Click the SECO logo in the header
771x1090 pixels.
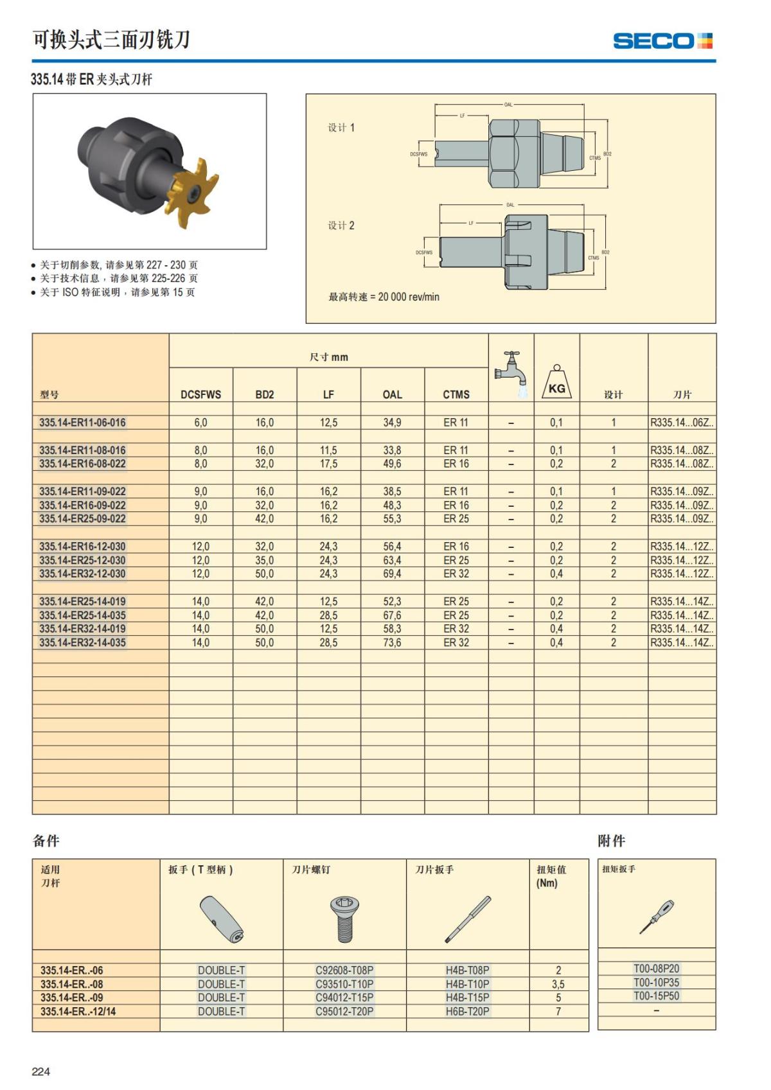tap(662, 41)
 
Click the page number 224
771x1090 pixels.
tap(40, 1071)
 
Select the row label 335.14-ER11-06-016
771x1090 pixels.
tap(82, 423)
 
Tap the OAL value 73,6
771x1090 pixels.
tap(392, 643)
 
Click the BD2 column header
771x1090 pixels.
tap(265, 395)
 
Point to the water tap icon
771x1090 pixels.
tap(511, 373)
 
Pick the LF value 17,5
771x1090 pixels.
tap(328, 464)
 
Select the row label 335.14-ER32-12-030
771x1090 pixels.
tap(82, 574)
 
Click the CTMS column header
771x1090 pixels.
tap(456, 395)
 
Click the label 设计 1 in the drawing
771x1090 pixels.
tap(341, 128)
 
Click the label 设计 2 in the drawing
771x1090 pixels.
tap(341, 225)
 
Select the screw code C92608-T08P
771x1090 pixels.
tap(344, 971)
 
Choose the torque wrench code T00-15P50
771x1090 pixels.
tap(656, 996)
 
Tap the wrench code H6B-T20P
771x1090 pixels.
tap(467, 1012)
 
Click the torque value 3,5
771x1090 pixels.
tap(558, 984)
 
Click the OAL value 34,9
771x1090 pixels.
tap(392, 423)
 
